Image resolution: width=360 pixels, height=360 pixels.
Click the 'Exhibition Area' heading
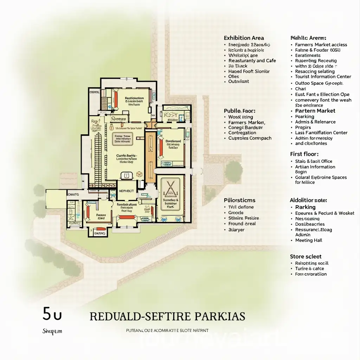(244, 38)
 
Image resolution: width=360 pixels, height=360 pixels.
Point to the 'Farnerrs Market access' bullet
(321, 45)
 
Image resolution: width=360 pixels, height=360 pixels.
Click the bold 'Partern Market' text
(313, 111)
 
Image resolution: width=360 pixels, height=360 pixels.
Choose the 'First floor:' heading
(304, 154)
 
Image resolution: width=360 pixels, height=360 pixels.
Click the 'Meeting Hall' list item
(309, 240)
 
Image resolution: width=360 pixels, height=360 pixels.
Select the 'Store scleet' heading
(306, 257)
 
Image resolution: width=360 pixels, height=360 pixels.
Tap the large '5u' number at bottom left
(52, 314)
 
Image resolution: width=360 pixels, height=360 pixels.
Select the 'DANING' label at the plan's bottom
(99, 233)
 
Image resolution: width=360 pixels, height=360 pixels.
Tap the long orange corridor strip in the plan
(150, 155)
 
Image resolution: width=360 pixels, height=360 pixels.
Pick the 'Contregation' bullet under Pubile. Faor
(242, 133)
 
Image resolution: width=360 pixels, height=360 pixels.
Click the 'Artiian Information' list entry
(315, 167)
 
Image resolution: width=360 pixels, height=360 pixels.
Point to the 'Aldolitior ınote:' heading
(308, 200)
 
